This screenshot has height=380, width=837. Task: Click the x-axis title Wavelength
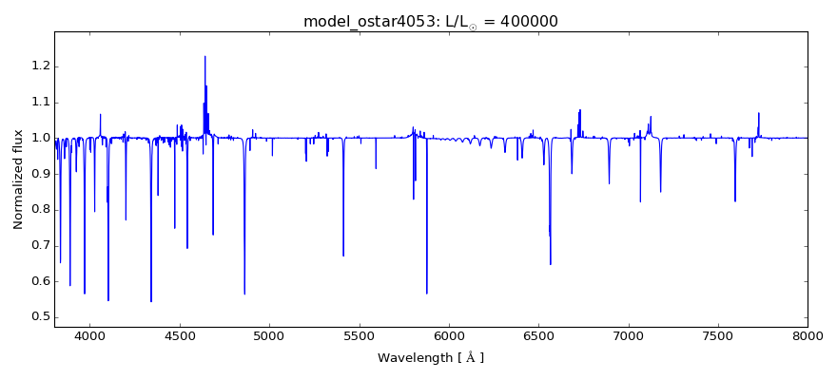click(x=431, y=358)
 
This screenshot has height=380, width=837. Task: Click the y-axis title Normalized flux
click(x=19, y=179)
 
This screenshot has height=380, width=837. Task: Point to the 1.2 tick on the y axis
click(x=38, y=66)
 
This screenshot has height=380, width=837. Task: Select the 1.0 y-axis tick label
click(x=38, y=138)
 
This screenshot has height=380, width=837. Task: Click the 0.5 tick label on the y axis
click(x=38, y=317)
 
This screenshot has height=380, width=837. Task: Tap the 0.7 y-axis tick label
click(x=38, y=246)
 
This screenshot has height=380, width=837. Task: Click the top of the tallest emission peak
click(x=204, y=56)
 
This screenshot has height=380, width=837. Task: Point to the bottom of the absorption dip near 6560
click(x=551, y=264)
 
